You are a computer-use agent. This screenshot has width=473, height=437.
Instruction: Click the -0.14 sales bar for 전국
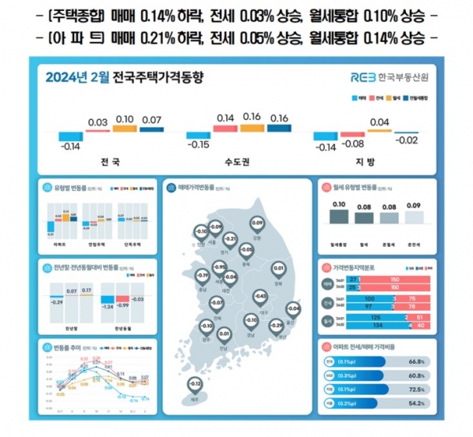coord(73,136)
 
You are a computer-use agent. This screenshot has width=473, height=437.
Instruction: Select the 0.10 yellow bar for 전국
coord(124,129)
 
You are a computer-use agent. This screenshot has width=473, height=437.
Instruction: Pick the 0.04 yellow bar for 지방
coord(379,130)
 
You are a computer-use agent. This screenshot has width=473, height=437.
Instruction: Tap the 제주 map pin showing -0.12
coord(194,383)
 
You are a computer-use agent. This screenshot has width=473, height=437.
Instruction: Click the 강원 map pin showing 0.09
coord(256,225)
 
